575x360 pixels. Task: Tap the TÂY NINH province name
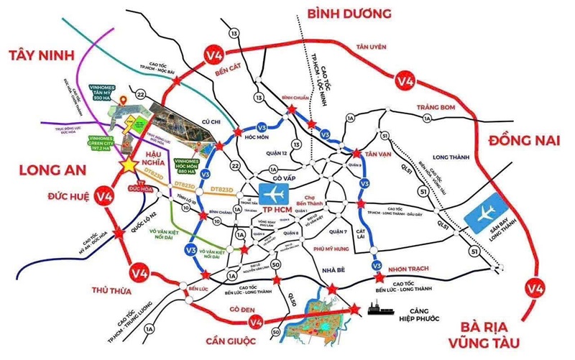point(45,57)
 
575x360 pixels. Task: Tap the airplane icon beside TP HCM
point(274,194)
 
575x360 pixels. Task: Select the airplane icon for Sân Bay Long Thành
point(483,213)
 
